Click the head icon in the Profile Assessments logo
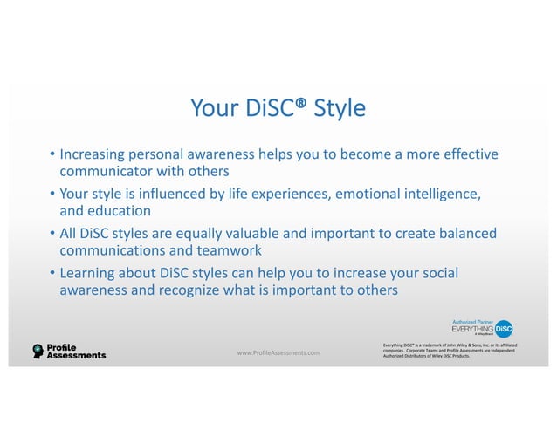coord(38,352)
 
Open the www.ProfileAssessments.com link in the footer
coord(278,352)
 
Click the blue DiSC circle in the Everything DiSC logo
coord(503,330)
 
